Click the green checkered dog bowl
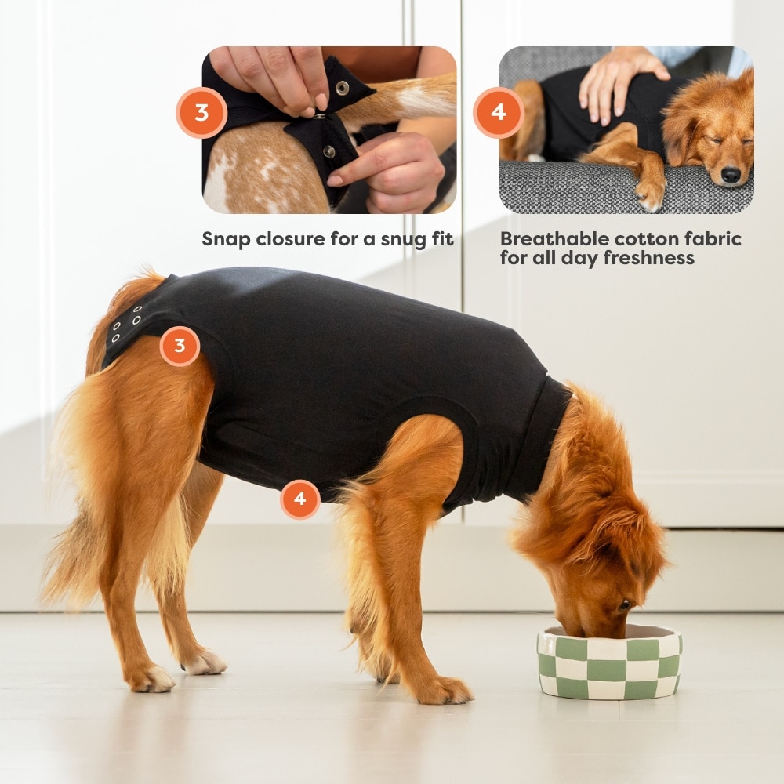coord(609,662)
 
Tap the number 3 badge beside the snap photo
coord(201,113)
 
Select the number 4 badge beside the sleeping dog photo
coord(499,113)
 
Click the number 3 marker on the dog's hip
coord(180,346)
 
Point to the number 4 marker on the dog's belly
coord(300,499)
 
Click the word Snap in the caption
coord(226,240)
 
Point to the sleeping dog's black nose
coord(731,174)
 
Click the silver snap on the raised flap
coord(342,88)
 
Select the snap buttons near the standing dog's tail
coord(126,325)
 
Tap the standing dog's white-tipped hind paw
coord(204,663)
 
